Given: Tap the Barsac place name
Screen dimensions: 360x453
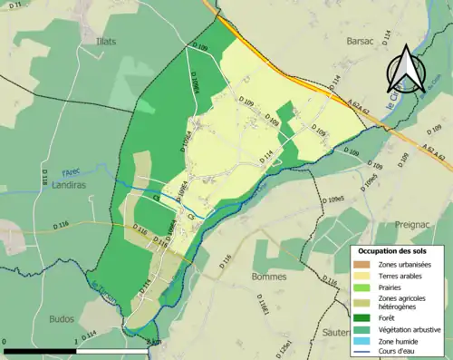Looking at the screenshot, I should (360, 41).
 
